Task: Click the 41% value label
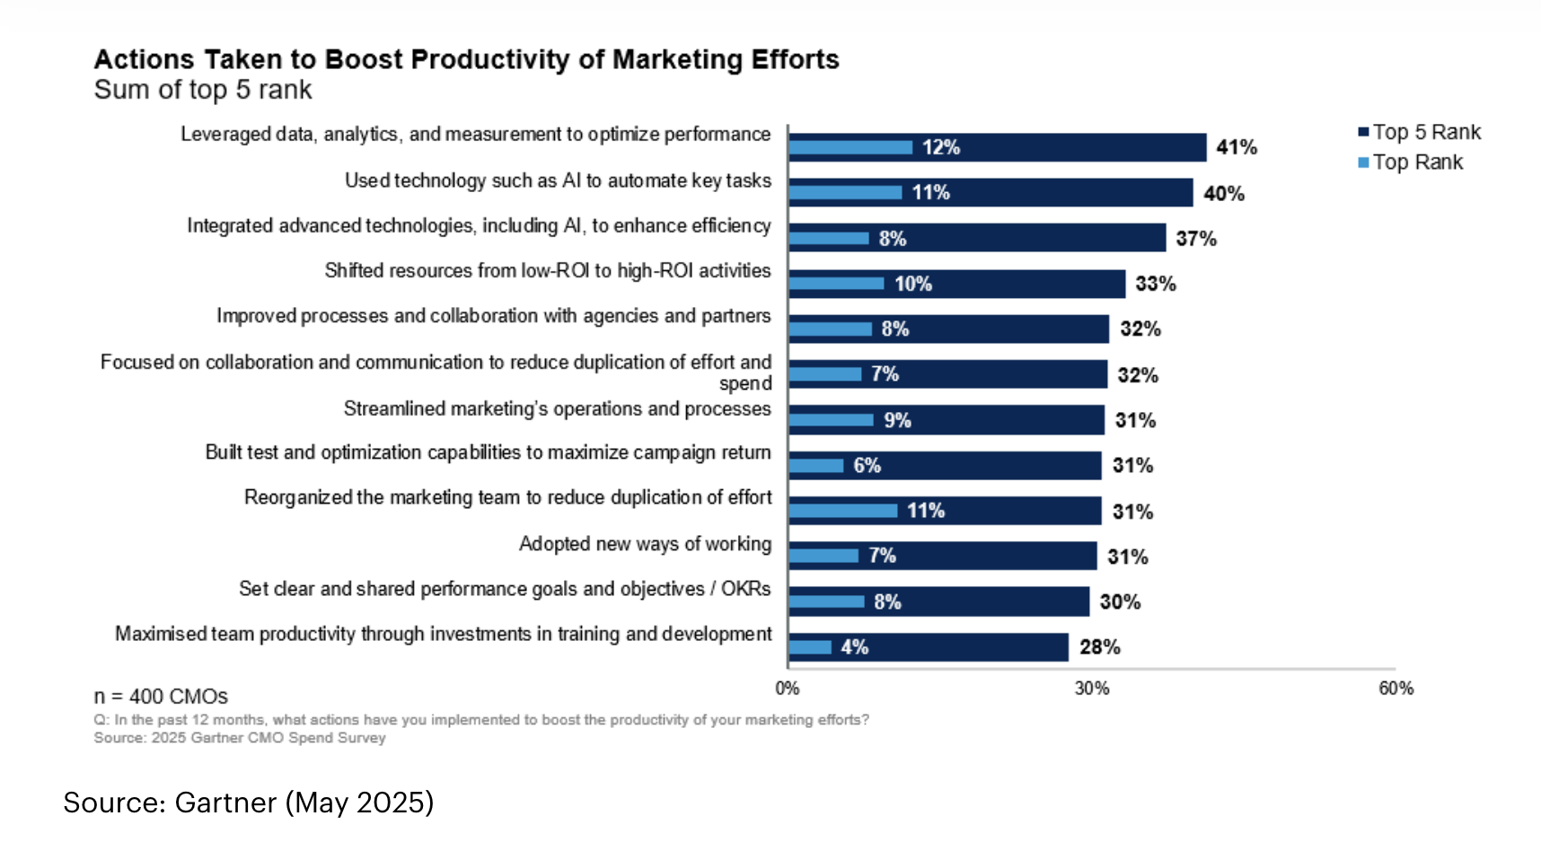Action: pyautogui.click(x=1236, y=147)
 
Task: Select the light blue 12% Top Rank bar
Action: pyautogui.click(x=850, y=147)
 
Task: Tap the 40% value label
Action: pyautogui.click(x=1223, y=193)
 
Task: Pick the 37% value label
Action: pyautogui.click(x=1195, y=239)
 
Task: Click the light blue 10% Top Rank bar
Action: pyautogui.click(x=836, y=284)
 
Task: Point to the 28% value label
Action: pyautogui.click(x=1099, y=647)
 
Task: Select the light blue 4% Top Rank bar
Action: pyautogui.click(x=810, y=647)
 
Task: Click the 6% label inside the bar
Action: pyautogui.click(x=867, y=466)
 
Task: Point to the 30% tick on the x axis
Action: pyautogui.click(x=1092, y=689)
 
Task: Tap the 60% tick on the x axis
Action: pyautogui.click(x=1396, y=689)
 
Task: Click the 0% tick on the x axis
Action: pyautogui.click(x=788, y=689)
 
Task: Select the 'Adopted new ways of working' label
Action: pyautogui.click(x=645, y=544)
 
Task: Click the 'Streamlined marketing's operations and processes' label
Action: pyautogui.click(x=557, y=409)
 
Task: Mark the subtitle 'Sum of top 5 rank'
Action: pyautogui.click(x=203, y=90)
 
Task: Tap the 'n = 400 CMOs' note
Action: pyautogui.click(x=161, y=697)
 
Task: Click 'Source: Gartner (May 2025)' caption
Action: pyautogui.click(x=249, y=802)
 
